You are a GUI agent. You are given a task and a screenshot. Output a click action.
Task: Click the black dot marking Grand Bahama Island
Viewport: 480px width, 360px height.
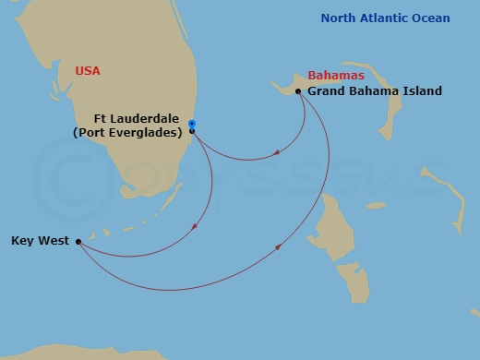tap(297, 91)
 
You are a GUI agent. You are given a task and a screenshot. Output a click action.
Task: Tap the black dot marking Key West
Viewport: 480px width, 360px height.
tap(78, 242)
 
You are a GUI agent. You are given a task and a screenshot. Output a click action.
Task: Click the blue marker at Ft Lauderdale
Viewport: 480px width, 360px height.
tap(191, 123)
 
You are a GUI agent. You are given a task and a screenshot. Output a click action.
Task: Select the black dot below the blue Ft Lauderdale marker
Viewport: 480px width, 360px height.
tap(191, 131)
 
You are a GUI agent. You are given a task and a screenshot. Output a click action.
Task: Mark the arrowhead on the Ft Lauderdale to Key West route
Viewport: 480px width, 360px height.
tap(194, 228)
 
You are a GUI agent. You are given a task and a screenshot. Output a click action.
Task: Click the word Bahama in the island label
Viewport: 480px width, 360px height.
tap(374, 91)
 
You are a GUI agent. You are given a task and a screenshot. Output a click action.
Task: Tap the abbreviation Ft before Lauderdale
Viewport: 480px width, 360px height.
tap(102, 118)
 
